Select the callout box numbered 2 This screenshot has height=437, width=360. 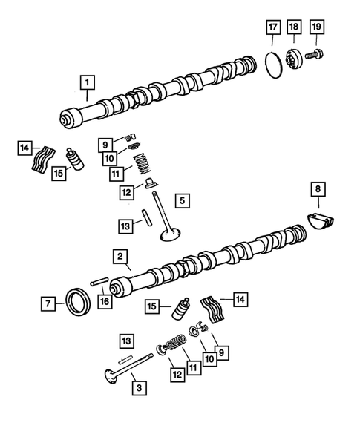coord(119,256)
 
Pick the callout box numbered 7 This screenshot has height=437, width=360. coord(48,303)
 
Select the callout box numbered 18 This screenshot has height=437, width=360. coord(295,29)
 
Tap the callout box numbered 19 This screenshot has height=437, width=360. coord(318,29)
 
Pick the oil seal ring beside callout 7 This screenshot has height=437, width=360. coord(76,303)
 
